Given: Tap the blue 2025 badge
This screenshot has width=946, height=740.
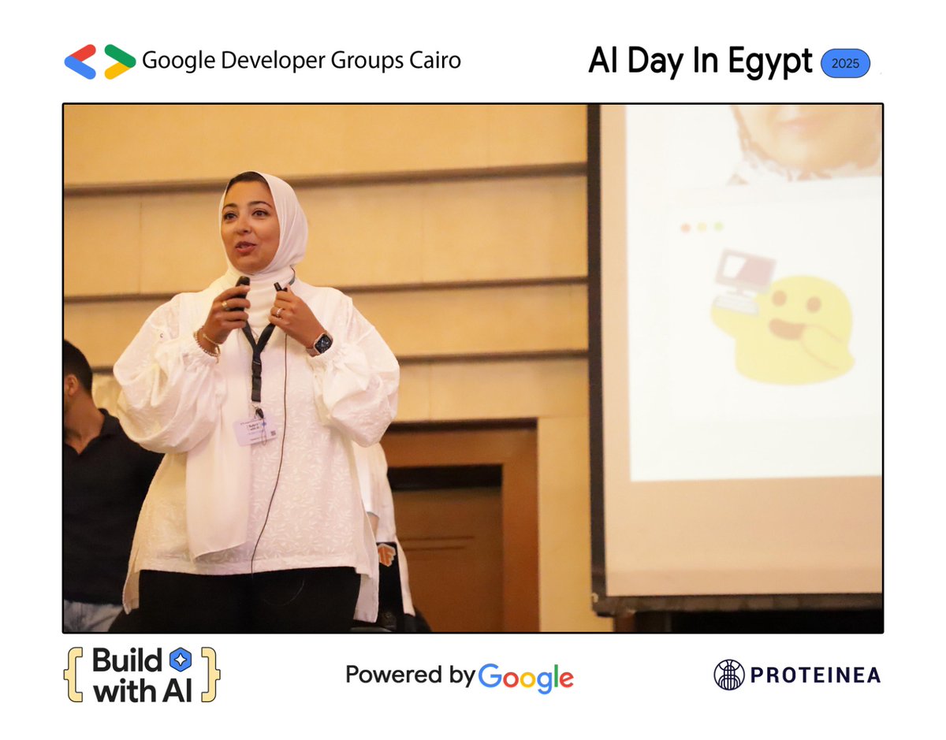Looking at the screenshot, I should click(845, 63).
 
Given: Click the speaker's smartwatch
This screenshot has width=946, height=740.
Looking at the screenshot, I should click(322, 343).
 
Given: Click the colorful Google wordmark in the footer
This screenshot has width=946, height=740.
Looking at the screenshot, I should click(526, 677).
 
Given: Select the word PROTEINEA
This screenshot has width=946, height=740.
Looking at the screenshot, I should click(815, 675).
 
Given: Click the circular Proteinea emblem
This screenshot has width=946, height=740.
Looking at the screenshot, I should click(728, 675).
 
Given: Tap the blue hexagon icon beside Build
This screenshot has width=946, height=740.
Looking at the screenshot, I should click(180, 660).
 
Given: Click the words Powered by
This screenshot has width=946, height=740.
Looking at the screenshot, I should click(410, 675).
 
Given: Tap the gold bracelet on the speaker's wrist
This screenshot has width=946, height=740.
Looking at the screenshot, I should click(209, 343).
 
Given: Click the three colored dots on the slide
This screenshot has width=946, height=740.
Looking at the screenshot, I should click(702, 227).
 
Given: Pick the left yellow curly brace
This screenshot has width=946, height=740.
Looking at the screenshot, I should click(73, 675).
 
